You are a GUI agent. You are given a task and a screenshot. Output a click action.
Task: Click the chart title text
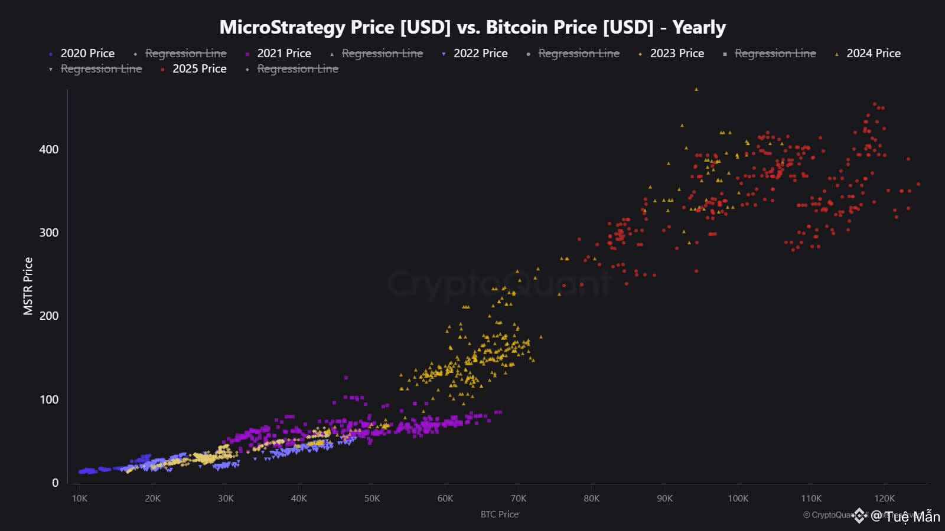(x=472, y=27)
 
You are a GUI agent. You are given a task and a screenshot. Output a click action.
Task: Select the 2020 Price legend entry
(x=87, y=53)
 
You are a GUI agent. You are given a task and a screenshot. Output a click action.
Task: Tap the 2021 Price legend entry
(x=283, y=53)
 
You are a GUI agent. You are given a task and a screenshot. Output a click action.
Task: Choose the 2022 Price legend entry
(x=480, y=53)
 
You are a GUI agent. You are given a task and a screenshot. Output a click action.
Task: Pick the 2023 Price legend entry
(x=677, y=53)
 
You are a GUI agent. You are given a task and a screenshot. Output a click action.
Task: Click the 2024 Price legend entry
(x=873, y=53)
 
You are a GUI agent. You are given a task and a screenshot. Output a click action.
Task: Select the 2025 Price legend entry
(x=199, y=68)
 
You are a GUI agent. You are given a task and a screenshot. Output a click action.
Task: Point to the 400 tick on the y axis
(x=49, y=149)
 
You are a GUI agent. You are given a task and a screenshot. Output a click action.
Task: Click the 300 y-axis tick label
(x=49, y=232)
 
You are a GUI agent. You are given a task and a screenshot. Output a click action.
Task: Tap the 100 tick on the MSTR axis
(x=49, y=399)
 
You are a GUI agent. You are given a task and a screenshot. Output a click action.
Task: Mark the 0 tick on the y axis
(x=55, y=483)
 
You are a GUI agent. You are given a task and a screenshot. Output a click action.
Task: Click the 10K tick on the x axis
(x=79, y=499)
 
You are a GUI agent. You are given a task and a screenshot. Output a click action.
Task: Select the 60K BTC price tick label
(x=445, y=499)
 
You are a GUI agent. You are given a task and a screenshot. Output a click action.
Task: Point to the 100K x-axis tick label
(x=738, y=499)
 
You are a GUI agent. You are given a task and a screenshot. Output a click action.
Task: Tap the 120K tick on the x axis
(x=884, y=499)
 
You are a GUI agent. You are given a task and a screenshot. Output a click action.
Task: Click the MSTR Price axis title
(x=28, y=286)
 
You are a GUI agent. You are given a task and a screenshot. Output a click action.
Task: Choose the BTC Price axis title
(x=499, y=514)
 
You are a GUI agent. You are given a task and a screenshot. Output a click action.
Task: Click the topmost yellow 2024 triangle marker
(x=696, y=89)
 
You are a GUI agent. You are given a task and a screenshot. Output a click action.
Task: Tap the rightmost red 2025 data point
(x=918, y=184)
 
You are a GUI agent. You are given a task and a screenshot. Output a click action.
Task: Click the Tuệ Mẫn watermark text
(x=912, y=517)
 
